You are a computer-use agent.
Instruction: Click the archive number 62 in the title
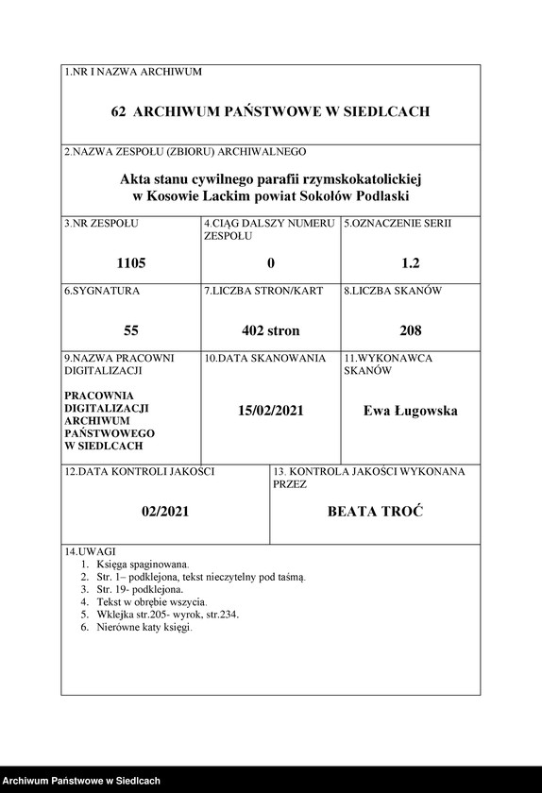point(119,111)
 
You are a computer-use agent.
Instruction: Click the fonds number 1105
point(131,263)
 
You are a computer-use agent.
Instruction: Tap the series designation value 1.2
point(410,263)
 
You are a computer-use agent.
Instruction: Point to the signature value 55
point(131,330)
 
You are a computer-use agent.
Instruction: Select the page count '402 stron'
point(271,330)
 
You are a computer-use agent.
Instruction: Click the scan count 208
point(410,330)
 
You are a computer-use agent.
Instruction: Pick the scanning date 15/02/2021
point(271,411)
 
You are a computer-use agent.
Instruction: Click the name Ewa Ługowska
point(410,411)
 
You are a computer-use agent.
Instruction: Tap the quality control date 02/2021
point(166,511)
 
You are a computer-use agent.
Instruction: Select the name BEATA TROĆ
point(375,511)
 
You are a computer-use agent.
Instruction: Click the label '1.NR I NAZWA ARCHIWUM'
point(133,72)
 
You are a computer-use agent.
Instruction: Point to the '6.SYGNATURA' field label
point(102,292)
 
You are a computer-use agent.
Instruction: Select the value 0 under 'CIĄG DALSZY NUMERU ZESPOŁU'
point(271,263)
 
